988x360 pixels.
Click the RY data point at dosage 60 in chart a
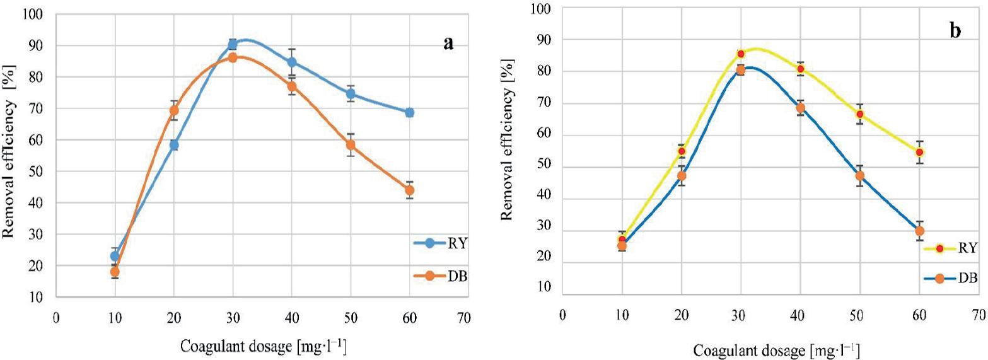coord(409,112)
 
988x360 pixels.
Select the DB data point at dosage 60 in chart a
coord(409,190)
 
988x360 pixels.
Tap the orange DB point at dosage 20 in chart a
coord(174,110)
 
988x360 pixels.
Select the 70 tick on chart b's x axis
coord(979,313)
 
